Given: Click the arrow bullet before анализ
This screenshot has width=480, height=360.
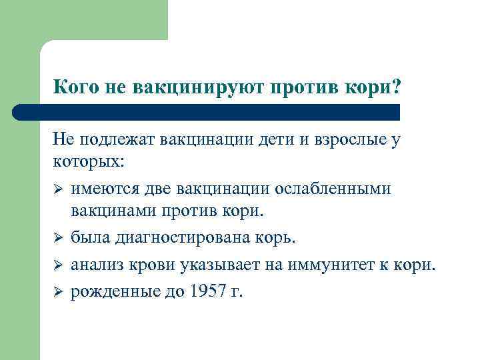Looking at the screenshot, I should click(x=58, y=267).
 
